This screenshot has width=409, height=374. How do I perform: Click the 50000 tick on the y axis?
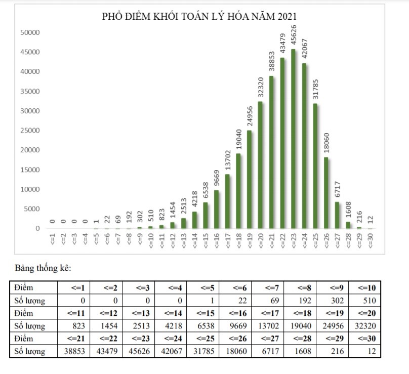(x=30, y=33)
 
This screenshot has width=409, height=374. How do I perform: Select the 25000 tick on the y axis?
(x=30, y=131)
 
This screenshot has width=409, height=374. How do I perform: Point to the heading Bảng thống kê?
(x=43, y=267)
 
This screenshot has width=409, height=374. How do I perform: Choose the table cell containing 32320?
(x=365, y=326)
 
